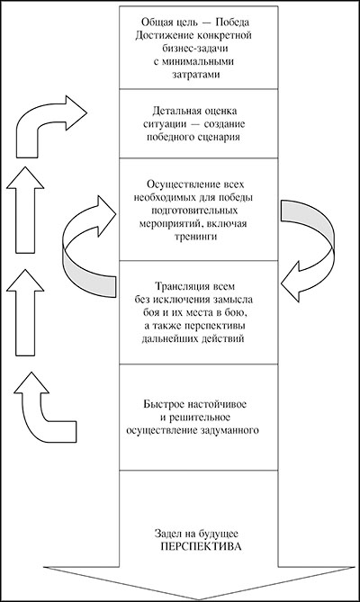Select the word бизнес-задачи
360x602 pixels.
tap(196, 49)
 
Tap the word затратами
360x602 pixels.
tap(196, 75)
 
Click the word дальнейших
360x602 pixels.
tap(166, 339)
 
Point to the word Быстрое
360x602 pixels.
tap(163, 404)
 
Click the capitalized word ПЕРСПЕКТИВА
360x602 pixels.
tap(201, 547)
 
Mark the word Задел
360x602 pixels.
tap(167, 534)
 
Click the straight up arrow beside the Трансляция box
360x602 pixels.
tap(26, 312)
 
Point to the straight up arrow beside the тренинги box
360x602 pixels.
tap(26, 210)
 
